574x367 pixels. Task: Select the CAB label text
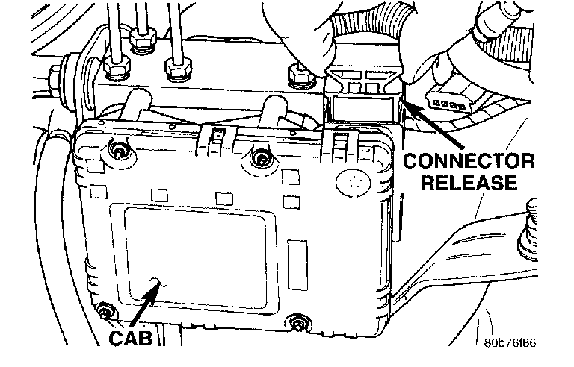tap(131, 338)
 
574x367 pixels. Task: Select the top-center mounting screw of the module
tap(260, 156)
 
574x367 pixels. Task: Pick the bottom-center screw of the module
tap(298, 323)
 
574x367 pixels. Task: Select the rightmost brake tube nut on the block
tap(176, 69)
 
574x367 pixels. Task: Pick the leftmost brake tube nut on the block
tap(116, 69)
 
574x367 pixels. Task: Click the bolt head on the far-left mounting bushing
tap(56, 75)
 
